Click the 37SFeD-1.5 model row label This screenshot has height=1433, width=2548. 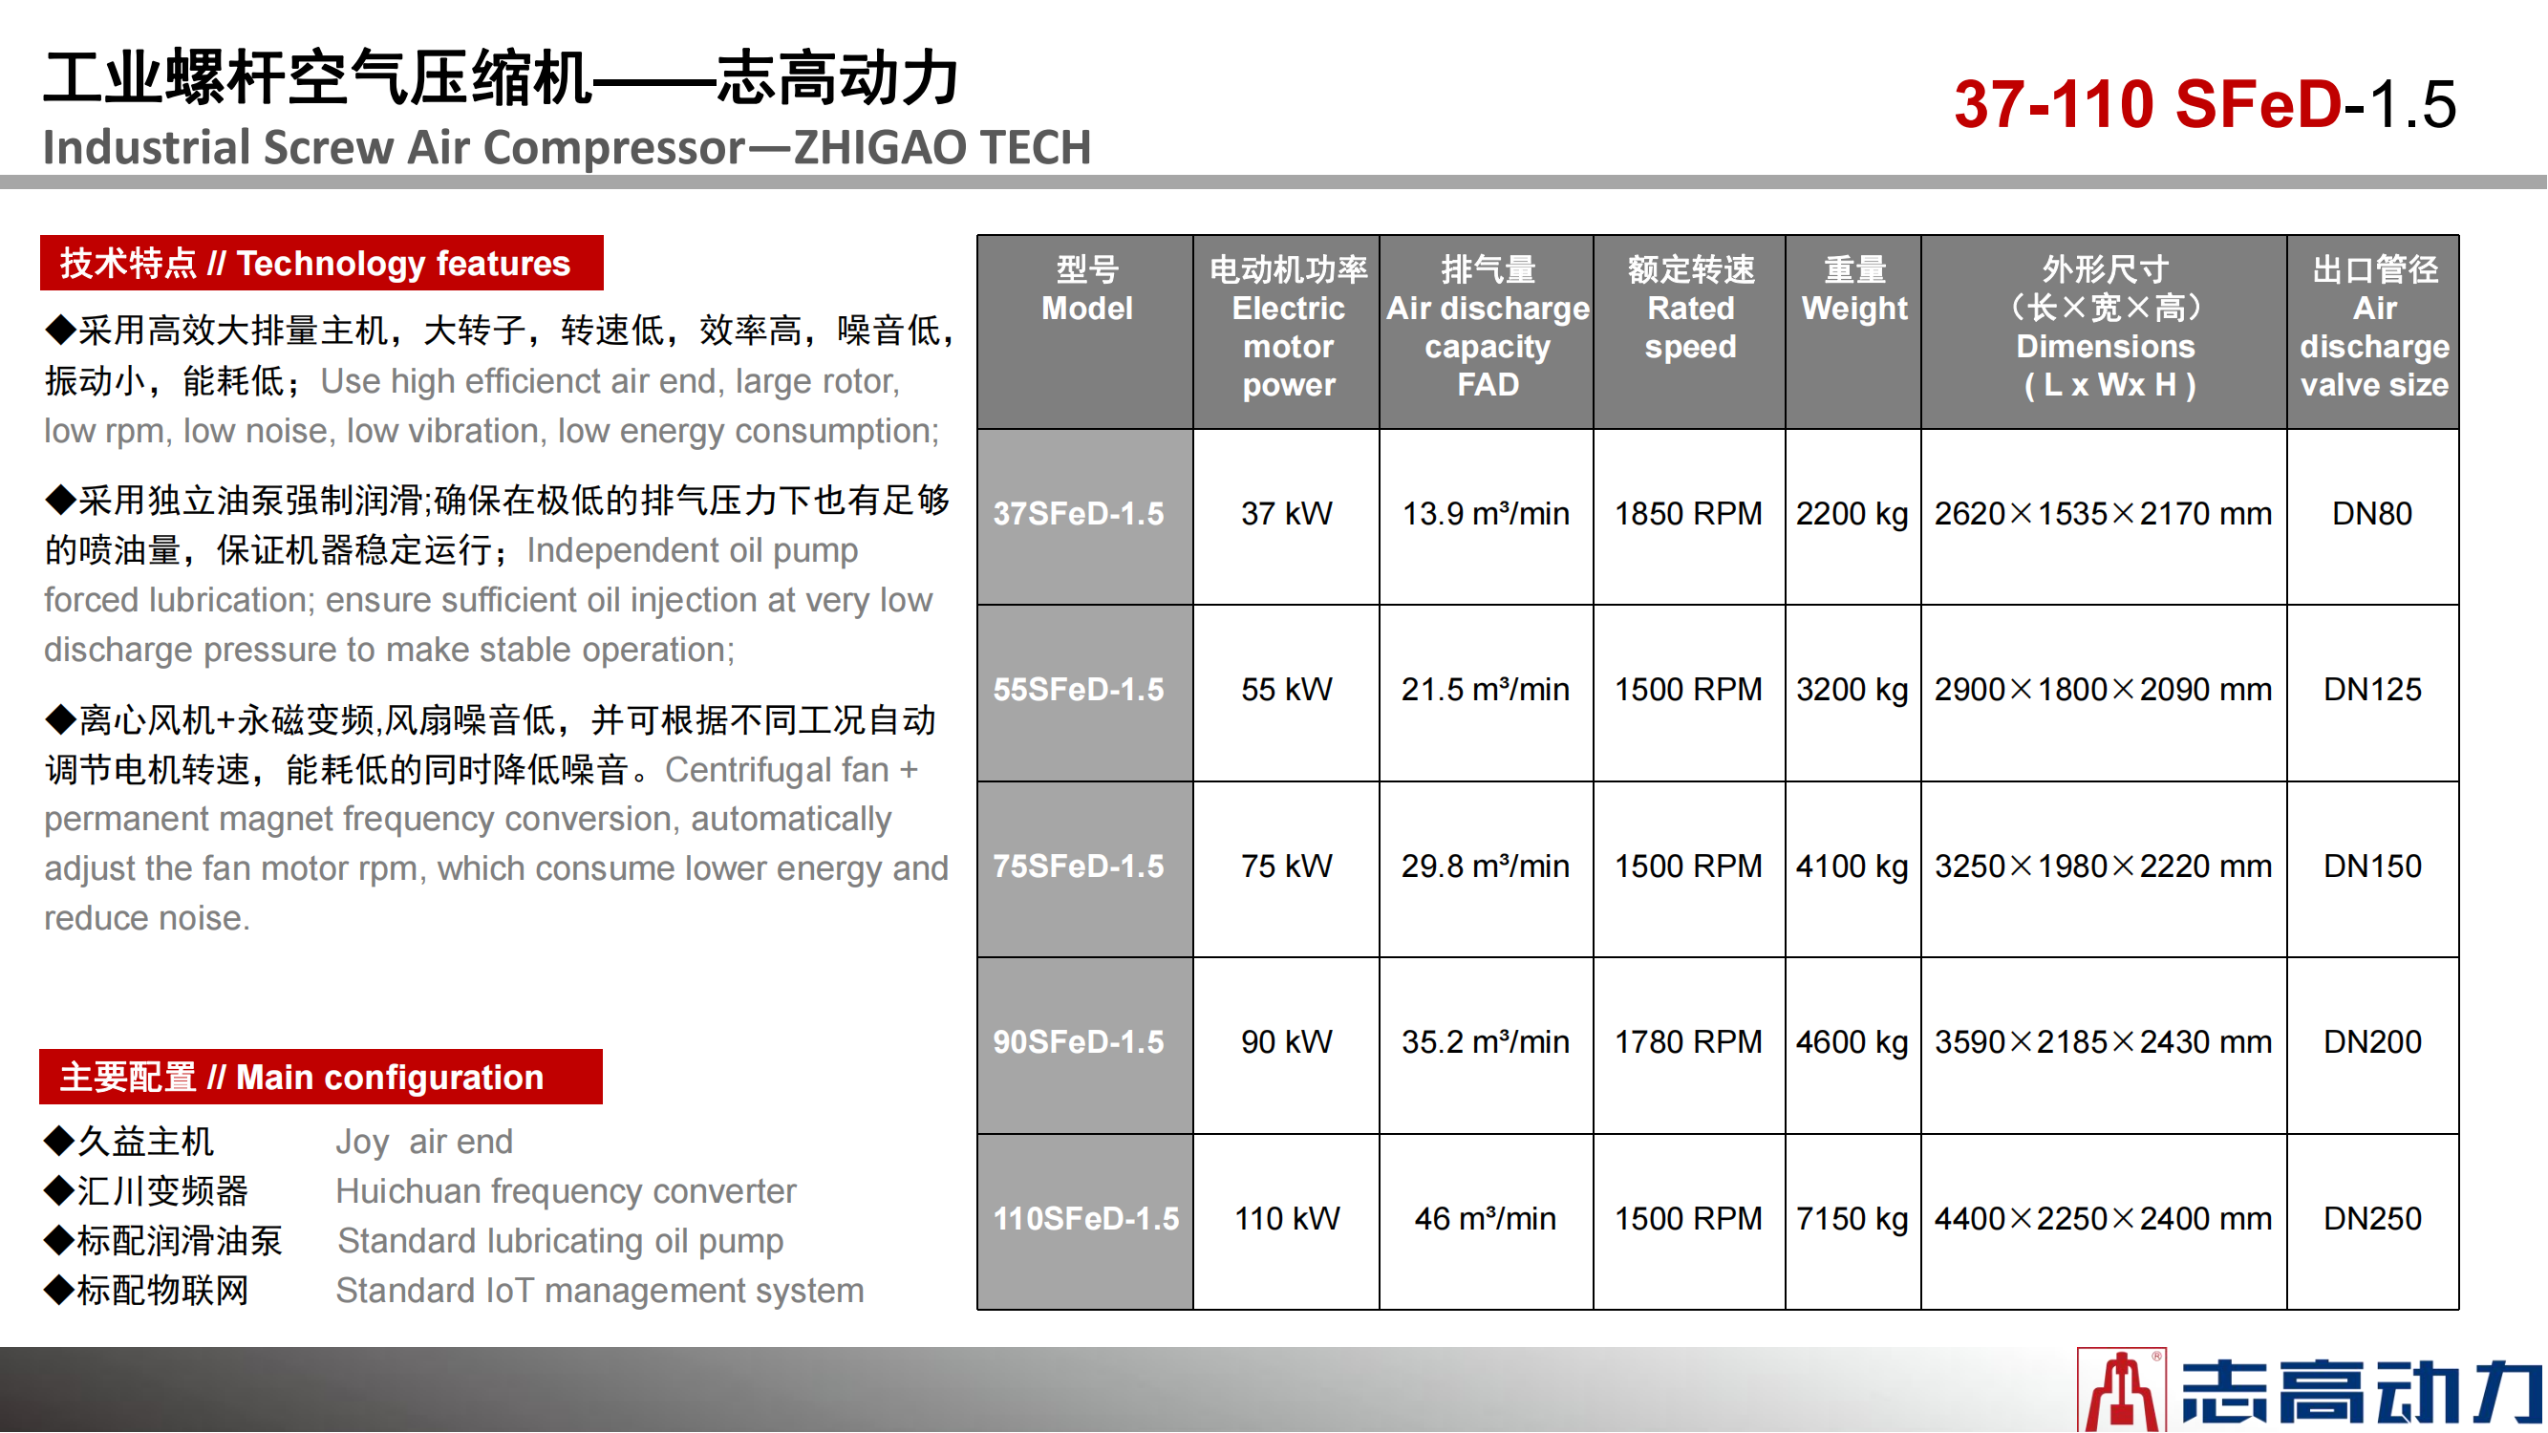tap(1079, 514)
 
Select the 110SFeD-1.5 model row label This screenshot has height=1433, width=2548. tap(1086, 1218)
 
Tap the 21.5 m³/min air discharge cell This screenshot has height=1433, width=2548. tap(1485, 690)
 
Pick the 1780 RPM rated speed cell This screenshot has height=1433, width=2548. tap(1688, 1041)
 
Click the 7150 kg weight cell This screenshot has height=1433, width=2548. tap(1852, 1218)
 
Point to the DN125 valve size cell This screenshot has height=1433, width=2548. tap(2372, 690)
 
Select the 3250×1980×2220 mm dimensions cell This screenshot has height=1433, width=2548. tap(2103, 866)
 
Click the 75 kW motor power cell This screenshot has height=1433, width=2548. tap(1286, 866)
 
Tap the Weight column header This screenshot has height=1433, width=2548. tap(1854, 289)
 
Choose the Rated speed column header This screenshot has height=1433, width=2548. tap(1690, 308)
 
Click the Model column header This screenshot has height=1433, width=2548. tap(1086, 289)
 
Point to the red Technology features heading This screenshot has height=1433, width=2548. tap(321, 263)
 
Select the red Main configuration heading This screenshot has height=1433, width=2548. tap(320, 1077)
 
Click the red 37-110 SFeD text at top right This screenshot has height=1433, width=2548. tap(2149, 104)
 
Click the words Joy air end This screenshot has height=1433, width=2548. tap(423, 1143)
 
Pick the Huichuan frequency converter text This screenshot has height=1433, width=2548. tap(565, 1191)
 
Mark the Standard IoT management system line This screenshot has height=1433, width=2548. tap(599, 1291)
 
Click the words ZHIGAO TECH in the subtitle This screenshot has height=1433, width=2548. tap(943, 147)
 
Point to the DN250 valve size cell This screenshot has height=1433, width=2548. tap(2372, 1218)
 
